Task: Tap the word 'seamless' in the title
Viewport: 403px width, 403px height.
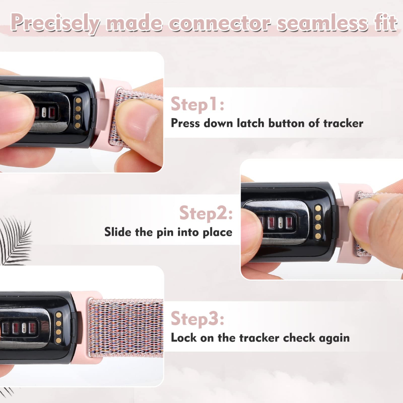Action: click(322, 23)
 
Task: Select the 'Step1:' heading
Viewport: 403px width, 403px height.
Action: click(197, 105)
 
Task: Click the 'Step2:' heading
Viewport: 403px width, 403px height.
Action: click(206, 213)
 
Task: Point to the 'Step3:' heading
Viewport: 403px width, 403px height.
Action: click(197, 319)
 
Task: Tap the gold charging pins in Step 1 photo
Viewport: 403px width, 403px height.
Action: click(78, 113)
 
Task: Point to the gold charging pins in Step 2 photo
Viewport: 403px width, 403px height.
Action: click(318, 222)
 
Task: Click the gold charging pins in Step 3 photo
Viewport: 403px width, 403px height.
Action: click(59, 328)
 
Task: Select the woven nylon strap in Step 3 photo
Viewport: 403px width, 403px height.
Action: click(126, 328)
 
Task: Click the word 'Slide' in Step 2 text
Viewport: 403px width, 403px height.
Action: click(118, 232)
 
